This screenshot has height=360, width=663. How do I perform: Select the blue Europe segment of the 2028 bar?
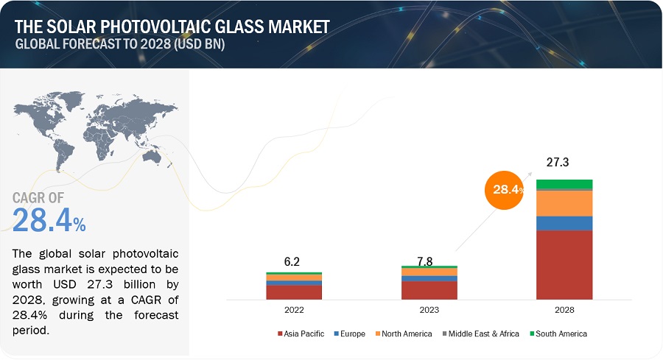[x=564, y=223]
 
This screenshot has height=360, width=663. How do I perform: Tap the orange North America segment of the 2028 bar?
[x=564, y=202]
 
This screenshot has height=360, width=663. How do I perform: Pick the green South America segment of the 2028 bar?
[x=564, y=184]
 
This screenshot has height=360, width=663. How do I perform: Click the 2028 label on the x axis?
[x=564, y=311]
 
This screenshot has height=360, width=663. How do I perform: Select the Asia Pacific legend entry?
[x=301, y=333]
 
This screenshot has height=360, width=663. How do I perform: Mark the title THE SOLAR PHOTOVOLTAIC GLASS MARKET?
[x=172, y=27]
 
